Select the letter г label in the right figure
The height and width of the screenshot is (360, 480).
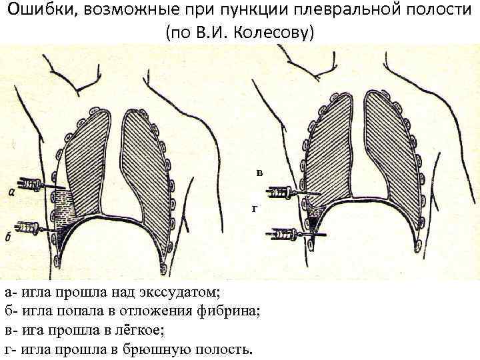coord(253,208)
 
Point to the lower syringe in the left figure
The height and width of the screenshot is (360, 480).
coord(29,228)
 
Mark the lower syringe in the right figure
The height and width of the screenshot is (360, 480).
coord(283,235)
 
